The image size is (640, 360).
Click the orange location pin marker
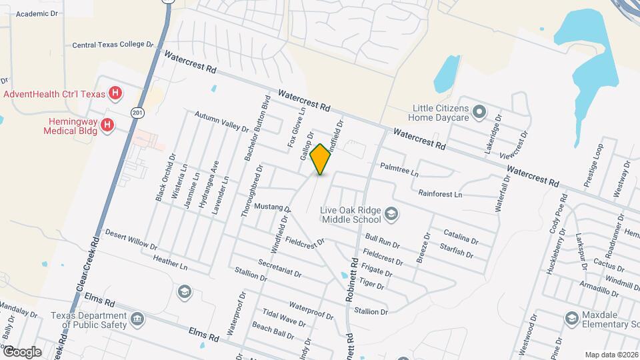pyautogui.click(x=321, y=159)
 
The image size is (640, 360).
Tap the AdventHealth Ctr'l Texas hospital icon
pyautogui.click(x=115, y=93)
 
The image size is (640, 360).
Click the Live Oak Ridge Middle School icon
pyautogui.click(x=391, y=214)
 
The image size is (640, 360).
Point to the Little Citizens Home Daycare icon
pyautogui.click(x=479, y=111)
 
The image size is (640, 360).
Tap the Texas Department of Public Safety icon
pyautogui.click(x=137, y=319)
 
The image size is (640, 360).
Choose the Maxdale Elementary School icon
pyautogui.click(x=571, y=319)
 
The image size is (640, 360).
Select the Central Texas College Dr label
pyautogui.click(x=113, y=45)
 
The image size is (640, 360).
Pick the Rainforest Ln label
pyautogui.click(x=440, y=194)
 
